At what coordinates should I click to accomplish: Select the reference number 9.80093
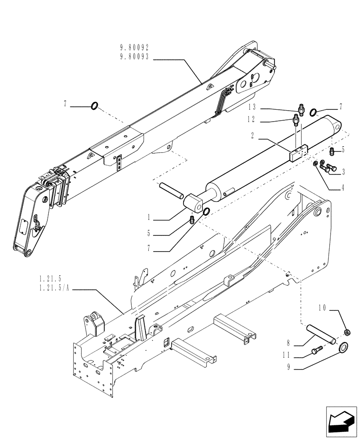click(135, 57)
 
